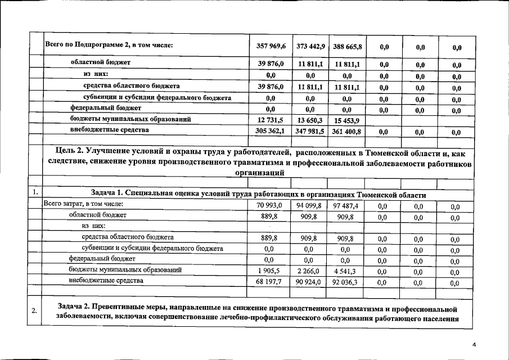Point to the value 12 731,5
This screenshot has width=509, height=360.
(x=270, y=120)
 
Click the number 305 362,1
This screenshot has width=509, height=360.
(x=270, y=131)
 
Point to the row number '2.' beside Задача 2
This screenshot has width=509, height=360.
(x=35, y=312)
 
